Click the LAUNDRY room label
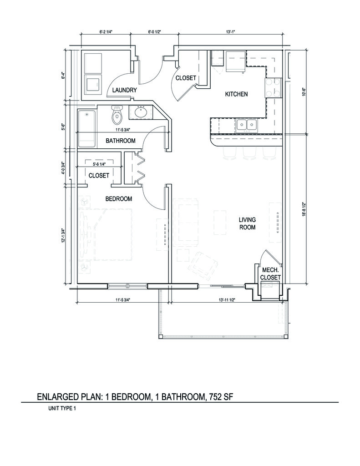pyautogui.click(x=125, y=90)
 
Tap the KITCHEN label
pyautogui.click(x=236, y=94)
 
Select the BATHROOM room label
pyautogui.click(x=121, y=141)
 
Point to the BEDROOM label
pyautogui.click(x=119, y=198)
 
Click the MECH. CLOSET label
pyautogui.click(x=270, y=274)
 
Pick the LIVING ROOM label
pyautogui.click(x=247, y=223)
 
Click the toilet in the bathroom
pyautogui.click(x=117, y=115)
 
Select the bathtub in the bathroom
pyautogui.click(x=87, y=129)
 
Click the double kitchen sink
pyautogui.click(x=246, y=125)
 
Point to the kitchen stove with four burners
pyautogui.click(x=273, y=87)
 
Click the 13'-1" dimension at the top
pyautogui.click(x=230, y=32)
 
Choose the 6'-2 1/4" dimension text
pyautogui.click(x=106, y=32)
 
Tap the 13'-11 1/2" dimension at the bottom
pyautogui.click(x=227, y=300)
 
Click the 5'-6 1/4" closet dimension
pyautogui.click(x=99, y=164)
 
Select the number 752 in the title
pyautogui.click(x=214, y=397)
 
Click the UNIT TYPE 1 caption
pyautogui.click(x=62, y=408)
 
